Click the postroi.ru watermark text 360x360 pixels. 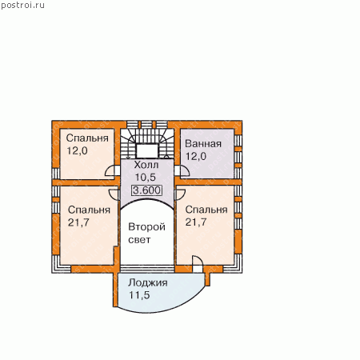click(x=22, y=6)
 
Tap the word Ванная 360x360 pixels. click(x=203, y=144)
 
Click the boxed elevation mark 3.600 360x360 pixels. click(x=147, y=190)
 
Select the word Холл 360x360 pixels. click(x=146, y=165)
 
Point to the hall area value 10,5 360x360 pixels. click(x=145, y=178)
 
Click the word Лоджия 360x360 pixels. click(x=148, y=283)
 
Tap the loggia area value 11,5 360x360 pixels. click(x=139, y=295)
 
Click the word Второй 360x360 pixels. click(x=146, y=227)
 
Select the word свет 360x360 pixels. click(x=139, y=240)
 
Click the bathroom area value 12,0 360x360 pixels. click(x=196, y=156)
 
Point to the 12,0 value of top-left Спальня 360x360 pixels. click(x=77, y=151)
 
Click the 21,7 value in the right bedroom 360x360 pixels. click(x=196, y=222)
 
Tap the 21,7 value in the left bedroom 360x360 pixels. click(x=78, y=222)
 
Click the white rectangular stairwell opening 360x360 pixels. click(x=147, y=151)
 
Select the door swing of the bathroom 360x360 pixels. click(x=182, y=171)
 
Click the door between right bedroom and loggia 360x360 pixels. click(x=198, y=264)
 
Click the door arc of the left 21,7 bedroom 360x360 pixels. click(x=114, y=194)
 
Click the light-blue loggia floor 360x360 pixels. click(x=160, y=294)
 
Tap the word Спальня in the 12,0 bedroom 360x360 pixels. click(x=87, y=138)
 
